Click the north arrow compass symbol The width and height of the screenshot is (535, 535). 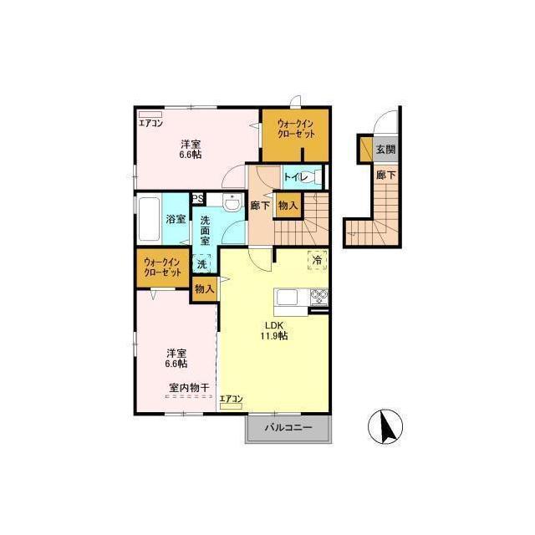point(385,426)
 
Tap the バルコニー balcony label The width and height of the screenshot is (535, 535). point(288,427)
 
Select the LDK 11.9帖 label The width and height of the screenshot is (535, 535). point(274,331)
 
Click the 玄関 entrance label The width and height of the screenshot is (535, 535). point(385,149)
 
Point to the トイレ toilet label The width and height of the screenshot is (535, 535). point(296,176)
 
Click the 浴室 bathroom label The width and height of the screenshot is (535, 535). point(176,219)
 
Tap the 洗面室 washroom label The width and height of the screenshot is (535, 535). point(205,230)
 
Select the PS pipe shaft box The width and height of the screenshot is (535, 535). point(197,198)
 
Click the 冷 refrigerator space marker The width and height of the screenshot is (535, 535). point(318,260)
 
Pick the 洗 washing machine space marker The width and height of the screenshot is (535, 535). point(202,264)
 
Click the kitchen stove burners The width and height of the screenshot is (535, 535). point(319,296)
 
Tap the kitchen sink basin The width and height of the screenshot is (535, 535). point(287,298)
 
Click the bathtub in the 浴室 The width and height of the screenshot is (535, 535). point(149,218)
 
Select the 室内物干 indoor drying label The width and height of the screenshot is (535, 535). point(189,388)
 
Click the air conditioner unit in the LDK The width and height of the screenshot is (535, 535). point(231,406)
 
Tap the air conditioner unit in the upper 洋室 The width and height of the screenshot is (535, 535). point(150,115)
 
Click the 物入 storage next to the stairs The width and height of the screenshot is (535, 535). point(288,206)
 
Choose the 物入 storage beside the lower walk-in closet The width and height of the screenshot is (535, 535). point(205,289)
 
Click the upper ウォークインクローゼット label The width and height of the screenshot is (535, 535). point(295,129)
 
